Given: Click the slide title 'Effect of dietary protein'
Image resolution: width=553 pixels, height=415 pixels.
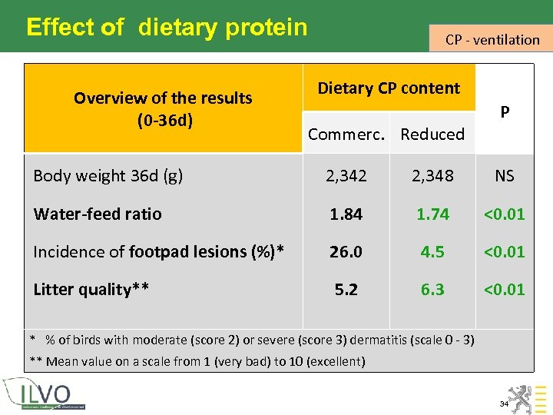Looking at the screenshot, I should click(167, 28).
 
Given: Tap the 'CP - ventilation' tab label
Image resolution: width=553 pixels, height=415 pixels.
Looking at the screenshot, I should click(492, 39).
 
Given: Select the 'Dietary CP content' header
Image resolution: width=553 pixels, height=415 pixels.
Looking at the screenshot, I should click(389, 88).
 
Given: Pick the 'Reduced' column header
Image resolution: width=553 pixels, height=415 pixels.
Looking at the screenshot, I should click(432, 134).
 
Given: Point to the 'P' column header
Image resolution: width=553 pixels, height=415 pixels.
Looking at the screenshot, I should click(505, 112).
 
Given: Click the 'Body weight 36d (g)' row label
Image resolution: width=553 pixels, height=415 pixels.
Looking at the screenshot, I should click(108, 175).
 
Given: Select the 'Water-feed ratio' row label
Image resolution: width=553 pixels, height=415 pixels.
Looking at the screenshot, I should click(98, 214).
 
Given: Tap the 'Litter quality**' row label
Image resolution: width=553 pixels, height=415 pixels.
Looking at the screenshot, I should click(91, 289).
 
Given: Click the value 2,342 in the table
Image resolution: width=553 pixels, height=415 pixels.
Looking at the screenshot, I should click(346, 175).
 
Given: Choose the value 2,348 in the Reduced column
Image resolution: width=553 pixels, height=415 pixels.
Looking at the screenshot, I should click(432, 175).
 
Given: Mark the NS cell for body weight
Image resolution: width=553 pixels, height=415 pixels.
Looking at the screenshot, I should click(505, 175).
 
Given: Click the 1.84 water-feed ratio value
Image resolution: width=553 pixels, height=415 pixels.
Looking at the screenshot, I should click(346, 214).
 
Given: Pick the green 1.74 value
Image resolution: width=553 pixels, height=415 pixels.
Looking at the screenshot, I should click(432, 214).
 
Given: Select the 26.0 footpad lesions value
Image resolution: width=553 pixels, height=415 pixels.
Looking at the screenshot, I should click(346, 251).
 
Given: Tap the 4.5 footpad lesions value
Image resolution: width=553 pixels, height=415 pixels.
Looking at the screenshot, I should click(432, 251).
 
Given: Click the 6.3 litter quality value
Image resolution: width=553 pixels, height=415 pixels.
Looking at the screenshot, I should click(432, 289).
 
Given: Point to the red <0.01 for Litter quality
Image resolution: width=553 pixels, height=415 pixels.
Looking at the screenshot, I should click(505, 289).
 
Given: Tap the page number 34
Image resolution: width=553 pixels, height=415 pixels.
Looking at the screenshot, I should click(504, 403).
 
